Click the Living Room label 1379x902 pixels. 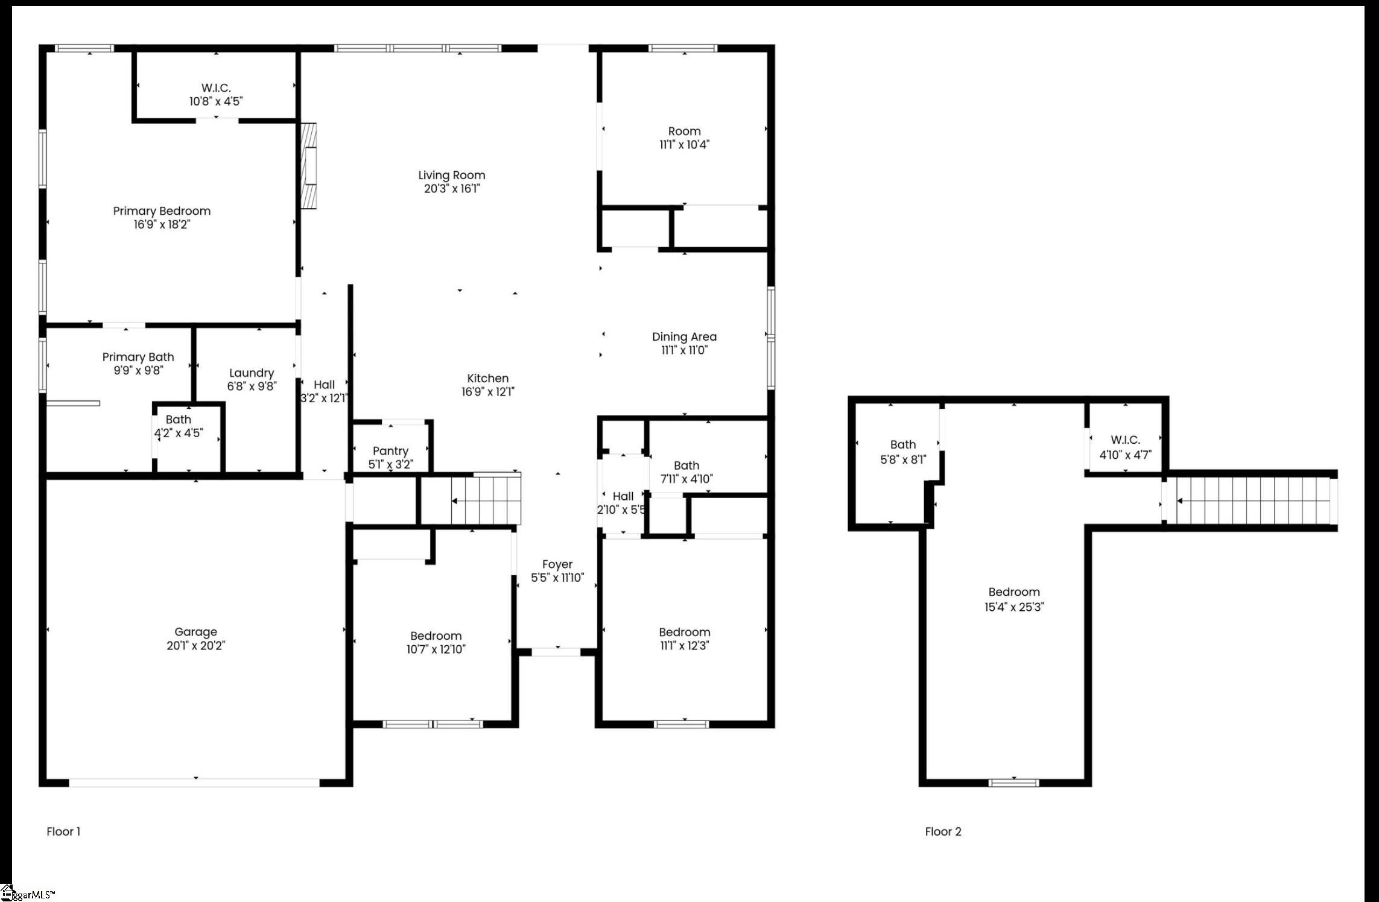coord(451,175)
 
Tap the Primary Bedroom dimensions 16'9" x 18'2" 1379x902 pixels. coord(162,225)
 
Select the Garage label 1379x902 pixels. coord(195,632)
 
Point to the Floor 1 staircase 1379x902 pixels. coord(486,500)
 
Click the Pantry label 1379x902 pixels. coord(390,451)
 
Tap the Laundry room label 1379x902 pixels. coord(252,373)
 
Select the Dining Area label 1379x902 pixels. coord(684,337)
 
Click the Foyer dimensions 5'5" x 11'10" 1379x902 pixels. coord(557,578)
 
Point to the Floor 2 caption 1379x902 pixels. coord(943,831)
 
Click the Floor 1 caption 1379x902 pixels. coord(63,831)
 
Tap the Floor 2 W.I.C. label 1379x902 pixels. coord(1125,440)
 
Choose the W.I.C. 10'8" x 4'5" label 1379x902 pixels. coord(216,95)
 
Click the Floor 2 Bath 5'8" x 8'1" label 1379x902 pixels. coord(903,452)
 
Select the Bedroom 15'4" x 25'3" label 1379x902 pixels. coord(1013,599)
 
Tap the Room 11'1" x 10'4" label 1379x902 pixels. coord(684,137)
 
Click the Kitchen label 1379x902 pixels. coord(487,379)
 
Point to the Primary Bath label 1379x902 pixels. coord(138,358)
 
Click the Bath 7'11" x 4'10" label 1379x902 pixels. coord(686,472)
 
